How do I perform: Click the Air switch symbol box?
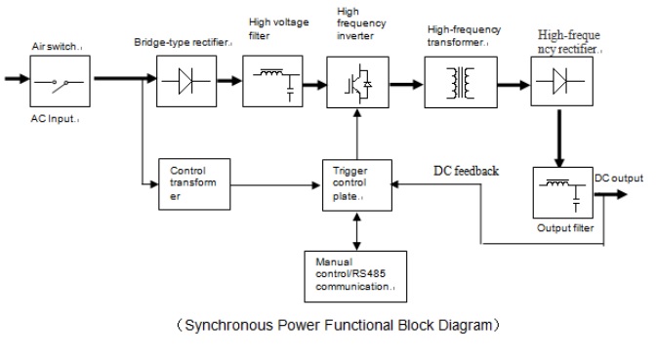(x=61, y=82)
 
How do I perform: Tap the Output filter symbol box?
(x=563, y=194)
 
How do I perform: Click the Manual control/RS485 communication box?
(x=354, y=275)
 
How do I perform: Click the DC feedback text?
(x=466, y=171)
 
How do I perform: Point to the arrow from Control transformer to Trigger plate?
(x=278, y=181)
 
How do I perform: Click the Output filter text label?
(x=565, y=228)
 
